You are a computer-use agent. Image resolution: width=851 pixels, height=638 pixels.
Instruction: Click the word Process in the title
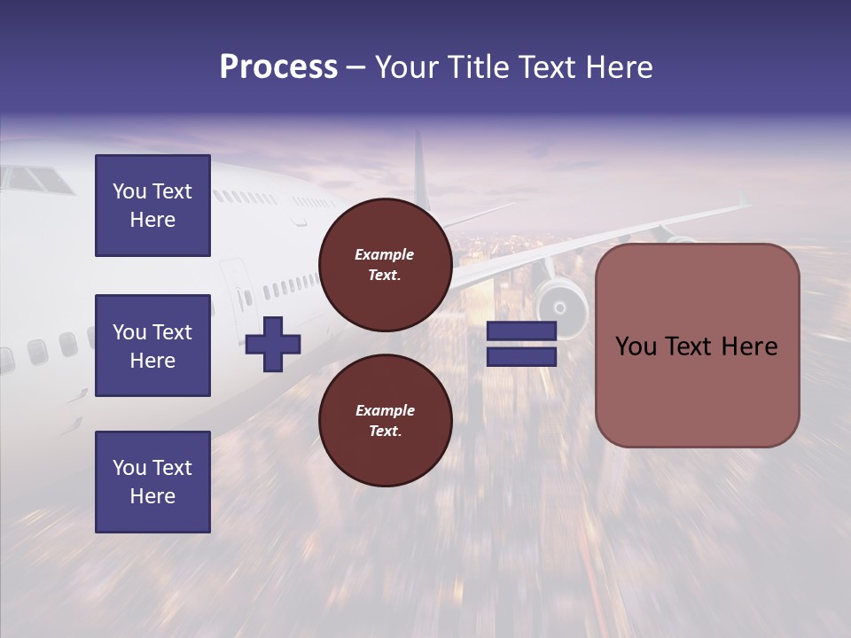point(278,67)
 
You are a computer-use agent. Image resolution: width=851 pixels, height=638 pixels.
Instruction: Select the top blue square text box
point(152,206)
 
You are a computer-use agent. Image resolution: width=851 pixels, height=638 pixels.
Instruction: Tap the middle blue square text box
point(152,346)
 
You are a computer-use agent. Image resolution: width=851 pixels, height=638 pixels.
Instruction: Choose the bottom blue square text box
point(152,482)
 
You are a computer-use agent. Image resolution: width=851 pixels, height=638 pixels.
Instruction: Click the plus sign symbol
point(273,344)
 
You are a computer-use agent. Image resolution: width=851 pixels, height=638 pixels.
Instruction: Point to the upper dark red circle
point(385,265)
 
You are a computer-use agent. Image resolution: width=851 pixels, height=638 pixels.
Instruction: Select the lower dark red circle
point(385,420)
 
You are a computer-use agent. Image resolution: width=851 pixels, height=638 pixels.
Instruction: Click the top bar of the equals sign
point(521,331)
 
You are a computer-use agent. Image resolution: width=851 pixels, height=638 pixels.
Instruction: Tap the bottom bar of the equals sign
point(521,356)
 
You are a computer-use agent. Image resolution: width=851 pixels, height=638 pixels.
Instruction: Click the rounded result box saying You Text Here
point(697,346)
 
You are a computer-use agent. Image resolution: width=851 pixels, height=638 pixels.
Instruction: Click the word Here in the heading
point(620,67)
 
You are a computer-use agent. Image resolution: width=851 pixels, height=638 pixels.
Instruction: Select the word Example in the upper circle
point(385,254)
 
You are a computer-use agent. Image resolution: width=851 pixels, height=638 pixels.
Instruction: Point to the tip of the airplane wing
point(745,202)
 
